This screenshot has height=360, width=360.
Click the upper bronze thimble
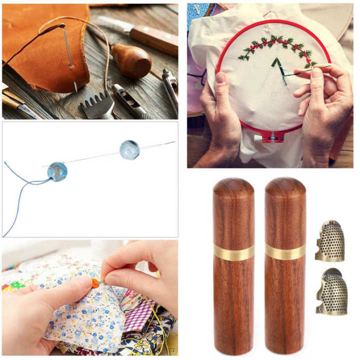(x=330, y=241)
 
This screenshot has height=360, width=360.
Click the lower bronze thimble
(x=331, y=291)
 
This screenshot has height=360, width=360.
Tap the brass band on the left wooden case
(x=233, y=252)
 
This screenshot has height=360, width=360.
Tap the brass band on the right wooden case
(x=285, y=251)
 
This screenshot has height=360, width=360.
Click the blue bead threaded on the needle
(x=129, y=149)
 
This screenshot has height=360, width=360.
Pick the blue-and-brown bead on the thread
(x=57, y=171)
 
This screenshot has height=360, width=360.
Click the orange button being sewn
(x=94, y=283)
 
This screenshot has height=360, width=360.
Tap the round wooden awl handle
(x=131, y=60)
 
